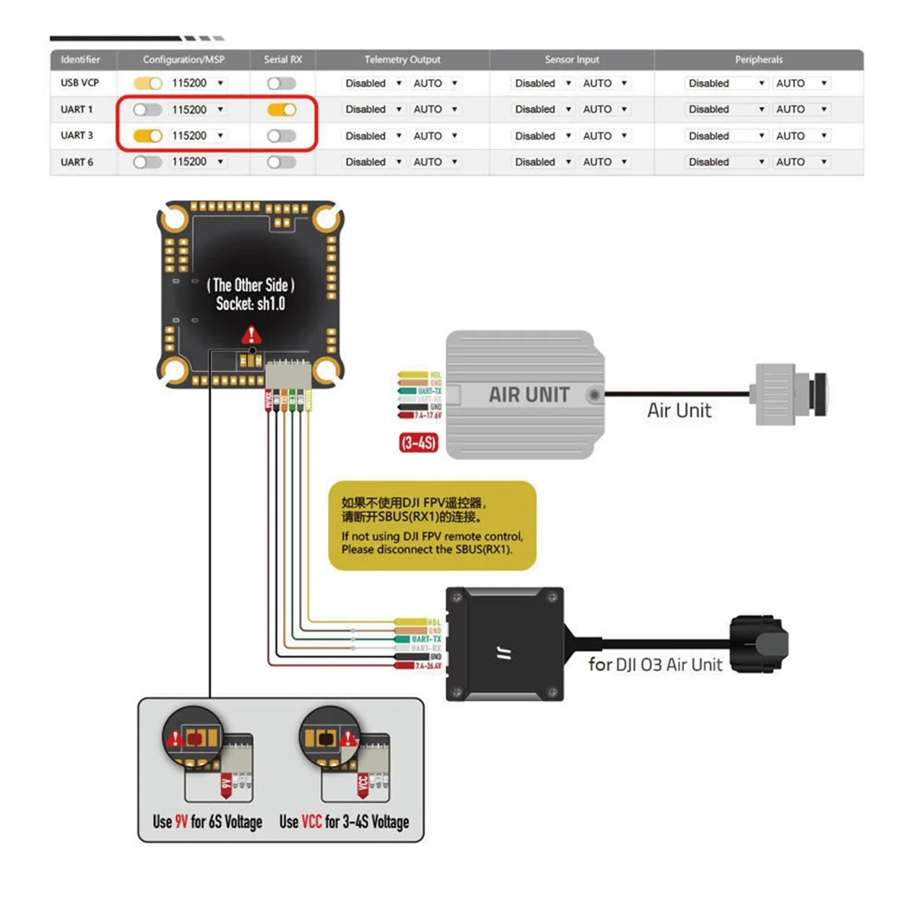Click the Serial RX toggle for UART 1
click(281, 110)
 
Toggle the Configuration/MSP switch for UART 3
click(147, 136)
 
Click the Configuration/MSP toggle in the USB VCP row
click(147, 83)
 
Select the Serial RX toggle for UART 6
click(281, 162)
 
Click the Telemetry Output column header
click(402, 59)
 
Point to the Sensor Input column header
click(571, 59)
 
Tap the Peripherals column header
click(758, 59)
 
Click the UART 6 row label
click(77, 162)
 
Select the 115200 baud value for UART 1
click(189, 110)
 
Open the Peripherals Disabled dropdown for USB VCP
click(726, 83)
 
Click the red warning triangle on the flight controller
click(251, 335)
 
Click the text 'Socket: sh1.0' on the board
click(250, 304)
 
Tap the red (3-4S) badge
click(418, 442)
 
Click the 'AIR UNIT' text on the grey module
click(528, 395)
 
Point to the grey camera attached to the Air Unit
click(790, 393)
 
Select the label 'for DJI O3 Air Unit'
click(655, 665)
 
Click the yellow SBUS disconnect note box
click(432, 525)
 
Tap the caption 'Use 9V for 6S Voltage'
click(207, 822)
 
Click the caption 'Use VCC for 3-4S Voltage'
click(344, 822)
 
